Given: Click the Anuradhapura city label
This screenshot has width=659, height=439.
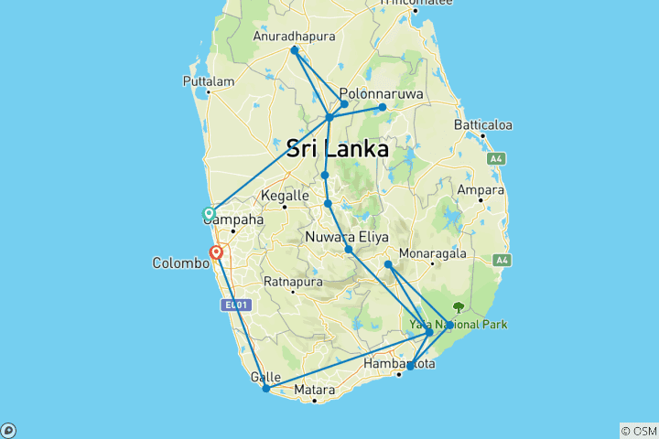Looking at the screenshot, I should click(x=294, y=37).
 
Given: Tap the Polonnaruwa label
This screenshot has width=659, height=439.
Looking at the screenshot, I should click(x=379, y=93).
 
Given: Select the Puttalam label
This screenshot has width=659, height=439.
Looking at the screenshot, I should click(x=209, y=80).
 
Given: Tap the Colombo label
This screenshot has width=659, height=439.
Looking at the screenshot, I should click(x=180, y=263).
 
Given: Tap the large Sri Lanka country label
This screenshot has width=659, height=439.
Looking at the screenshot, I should click(x=337, y=149).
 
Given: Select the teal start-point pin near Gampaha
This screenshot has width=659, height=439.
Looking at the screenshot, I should click(x=209, y=214).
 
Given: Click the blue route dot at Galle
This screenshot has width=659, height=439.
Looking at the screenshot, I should click(x=266, y=389).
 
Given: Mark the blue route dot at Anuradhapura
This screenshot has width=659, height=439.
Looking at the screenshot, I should click(x=294, y=50).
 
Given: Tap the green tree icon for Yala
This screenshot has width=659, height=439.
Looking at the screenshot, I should click(x=459, y=308).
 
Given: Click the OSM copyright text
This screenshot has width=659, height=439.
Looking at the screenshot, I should click(x=639, y=431).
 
